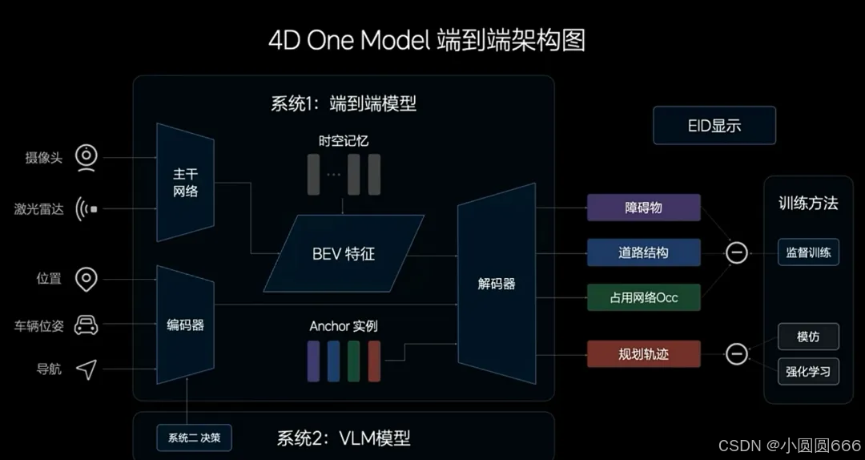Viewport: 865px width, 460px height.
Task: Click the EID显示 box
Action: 714,126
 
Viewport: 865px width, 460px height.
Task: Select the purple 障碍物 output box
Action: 643,208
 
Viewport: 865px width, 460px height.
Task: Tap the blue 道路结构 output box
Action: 643,252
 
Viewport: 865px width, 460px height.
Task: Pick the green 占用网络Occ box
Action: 643,297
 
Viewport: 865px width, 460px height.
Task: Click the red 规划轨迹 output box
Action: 643,353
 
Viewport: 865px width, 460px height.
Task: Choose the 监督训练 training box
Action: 808,252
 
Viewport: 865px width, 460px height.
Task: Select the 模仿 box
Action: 808,337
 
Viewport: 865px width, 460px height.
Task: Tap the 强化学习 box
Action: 808,372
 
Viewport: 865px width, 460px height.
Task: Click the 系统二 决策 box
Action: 194,438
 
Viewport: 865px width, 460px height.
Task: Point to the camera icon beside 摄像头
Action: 86,157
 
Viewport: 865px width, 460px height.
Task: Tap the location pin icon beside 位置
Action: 86,280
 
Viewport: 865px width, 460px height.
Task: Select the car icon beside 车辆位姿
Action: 86,325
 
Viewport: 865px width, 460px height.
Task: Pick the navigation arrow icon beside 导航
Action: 86,369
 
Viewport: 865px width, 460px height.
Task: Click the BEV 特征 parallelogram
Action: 344,254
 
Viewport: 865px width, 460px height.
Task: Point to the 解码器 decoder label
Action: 497,284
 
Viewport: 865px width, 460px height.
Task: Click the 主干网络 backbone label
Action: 185,182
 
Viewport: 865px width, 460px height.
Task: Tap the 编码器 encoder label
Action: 185,325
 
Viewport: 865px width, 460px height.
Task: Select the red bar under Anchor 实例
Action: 374,361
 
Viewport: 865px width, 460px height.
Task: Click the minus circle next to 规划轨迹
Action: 736,353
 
